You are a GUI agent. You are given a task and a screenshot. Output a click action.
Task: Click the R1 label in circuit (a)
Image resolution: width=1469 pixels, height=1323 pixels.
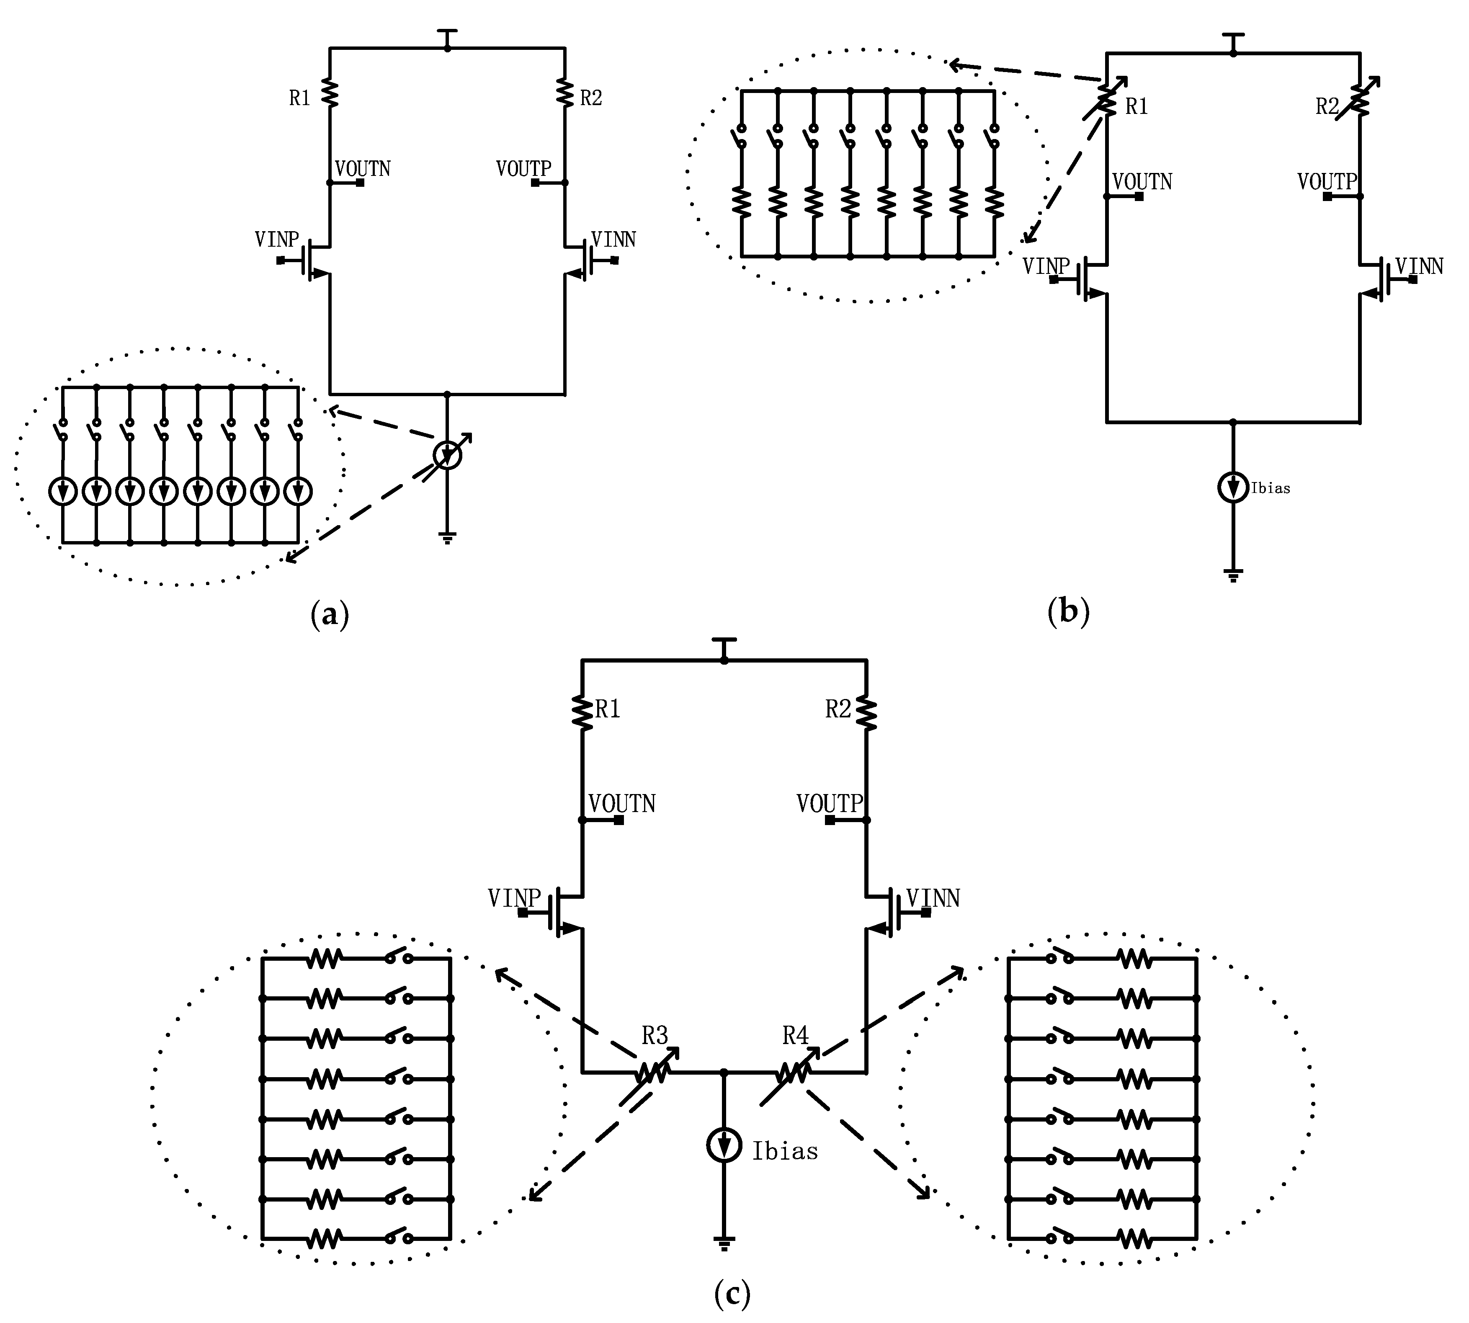tap(299, 98)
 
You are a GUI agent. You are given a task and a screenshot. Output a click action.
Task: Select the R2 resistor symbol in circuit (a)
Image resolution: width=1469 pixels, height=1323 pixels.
tap(565, 92)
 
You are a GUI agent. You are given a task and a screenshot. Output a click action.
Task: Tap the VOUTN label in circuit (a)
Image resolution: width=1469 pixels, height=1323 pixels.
tap(363, 169)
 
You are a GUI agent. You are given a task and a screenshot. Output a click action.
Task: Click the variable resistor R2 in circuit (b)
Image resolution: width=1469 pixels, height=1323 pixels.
tap(1360, 101)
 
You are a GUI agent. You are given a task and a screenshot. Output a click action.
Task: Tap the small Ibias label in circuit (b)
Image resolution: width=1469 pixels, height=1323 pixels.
tap(1270, 488)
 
